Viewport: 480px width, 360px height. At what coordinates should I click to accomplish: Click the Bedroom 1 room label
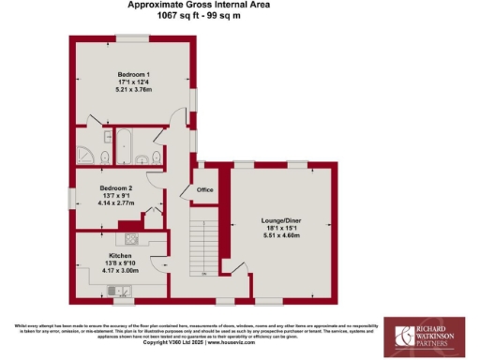coord(134,74)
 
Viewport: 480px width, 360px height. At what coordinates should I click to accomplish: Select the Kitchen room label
coord(120,255)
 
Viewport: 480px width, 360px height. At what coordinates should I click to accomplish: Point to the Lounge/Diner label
coord(280,221)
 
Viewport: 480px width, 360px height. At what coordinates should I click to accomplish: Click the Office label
coord(204,190)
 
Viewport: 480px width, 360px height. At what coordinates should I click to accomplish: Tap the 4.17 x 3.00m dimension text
coord(120,271)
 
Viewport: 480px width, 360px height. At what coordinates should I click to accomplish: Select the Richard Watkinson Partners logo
coord(429,335)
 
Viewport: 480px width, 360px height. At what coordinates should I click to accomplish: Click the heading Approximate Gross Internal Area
coord(199,5)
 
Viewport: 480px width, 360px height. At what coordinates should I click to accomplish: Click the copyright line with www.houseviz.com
coord(193,343)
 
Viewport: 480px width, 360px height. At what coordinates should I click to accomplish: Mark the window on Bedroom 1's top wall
coord(132,37)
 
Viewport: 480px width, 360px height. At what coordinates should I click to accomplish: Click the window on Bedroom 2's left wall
coord(71,198)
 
